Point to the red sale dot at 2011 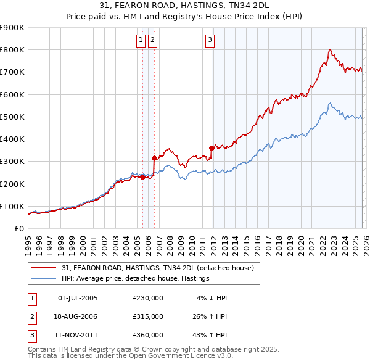pos(212,148)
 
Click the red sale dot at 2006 pos(154,158)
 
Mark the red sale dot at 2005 pos(142,177)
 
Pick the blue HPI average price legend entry pos(136,279)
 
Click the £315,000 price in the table pos(148,316)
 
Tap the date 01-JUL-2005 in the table pos(78,298)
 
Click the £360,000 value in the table pos(148,335)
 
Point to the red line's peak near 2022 pos(331,49)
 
